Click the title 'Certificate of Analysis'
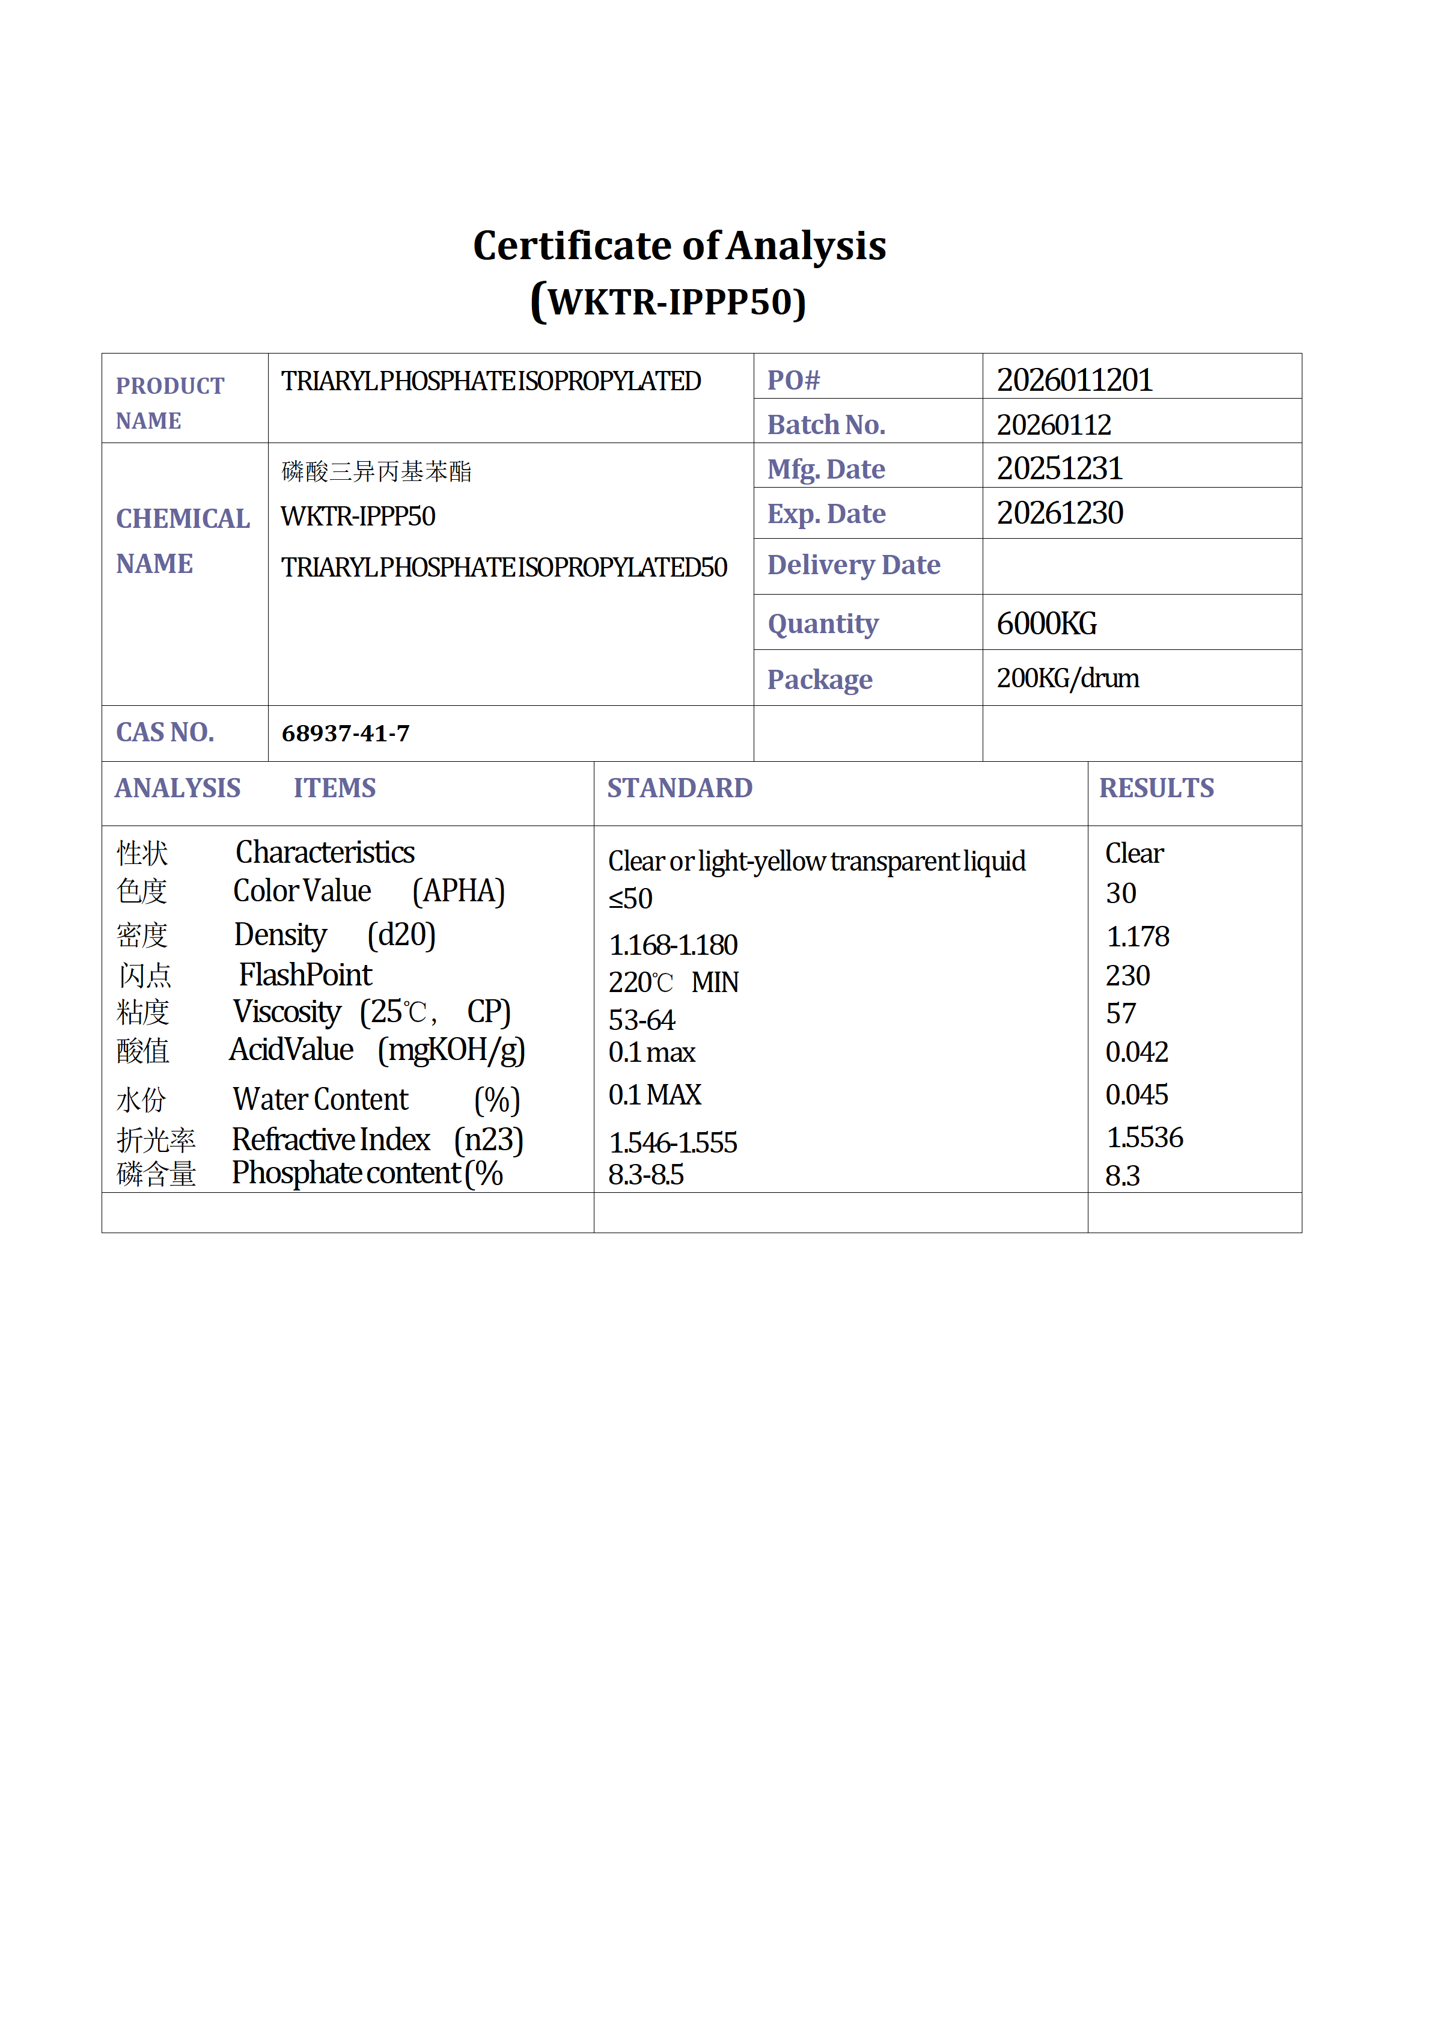(x=679, y=245)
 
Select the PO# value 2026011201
(x=1074, y=380)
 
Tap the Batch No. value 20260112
(x=1054, y=425)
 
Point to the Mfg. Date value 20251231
(x=1059, y=468)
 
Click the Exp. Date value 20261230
(x=1060, y=513)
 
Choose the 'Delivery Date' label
(x=853, y=565)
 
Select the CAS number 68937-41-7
(x=345, y=734)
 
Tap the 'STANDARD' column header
(x=679, y=788)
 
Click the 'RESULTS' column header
(x=1156, y=788)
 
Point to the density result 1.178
(x=1137, y=937)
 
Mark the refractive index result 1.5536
(x=1144, y=1138)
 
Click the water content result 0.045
(x=1137, y=1094)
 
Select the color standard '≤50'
(x=630, y=899)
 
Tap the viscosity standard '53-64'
(x=641, y=1020)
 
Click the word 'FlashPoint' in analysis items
(x=305, y=975)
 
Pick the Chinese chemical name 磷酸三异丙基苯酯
(x=376, y=472)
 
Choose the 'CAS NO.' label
(x=165, y=732)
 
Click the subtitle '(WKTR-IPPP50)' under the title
(x=668, y=302)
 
